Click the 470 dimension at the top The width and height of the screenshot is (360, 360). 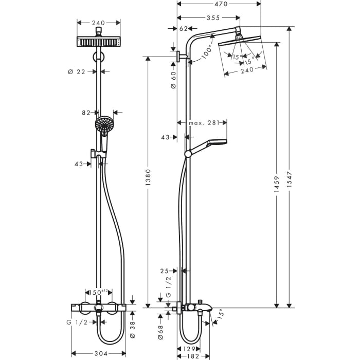tap(221, 4)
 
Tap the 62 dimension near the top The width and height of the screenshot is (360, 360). tap(184, 29)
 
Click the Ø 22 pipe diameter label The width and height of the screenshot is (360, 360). tap(77, 72)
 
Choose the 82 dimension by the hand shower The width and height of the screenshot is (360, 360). tap(86, 112)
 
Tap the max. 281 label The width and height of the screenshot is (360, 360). tap(204, 123)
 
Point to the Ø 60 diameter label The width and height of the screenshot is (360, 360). tap(174, 79)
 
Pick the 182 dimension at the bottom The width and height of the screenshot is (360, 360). tap(193, 356)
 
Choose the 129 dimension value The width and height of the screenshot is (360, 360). tap(190, 349)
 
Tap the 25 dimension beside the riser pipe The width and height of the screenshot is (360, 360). tap(165, 271)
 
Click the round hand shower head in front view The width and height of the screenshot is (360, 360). tap(104, 124)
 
